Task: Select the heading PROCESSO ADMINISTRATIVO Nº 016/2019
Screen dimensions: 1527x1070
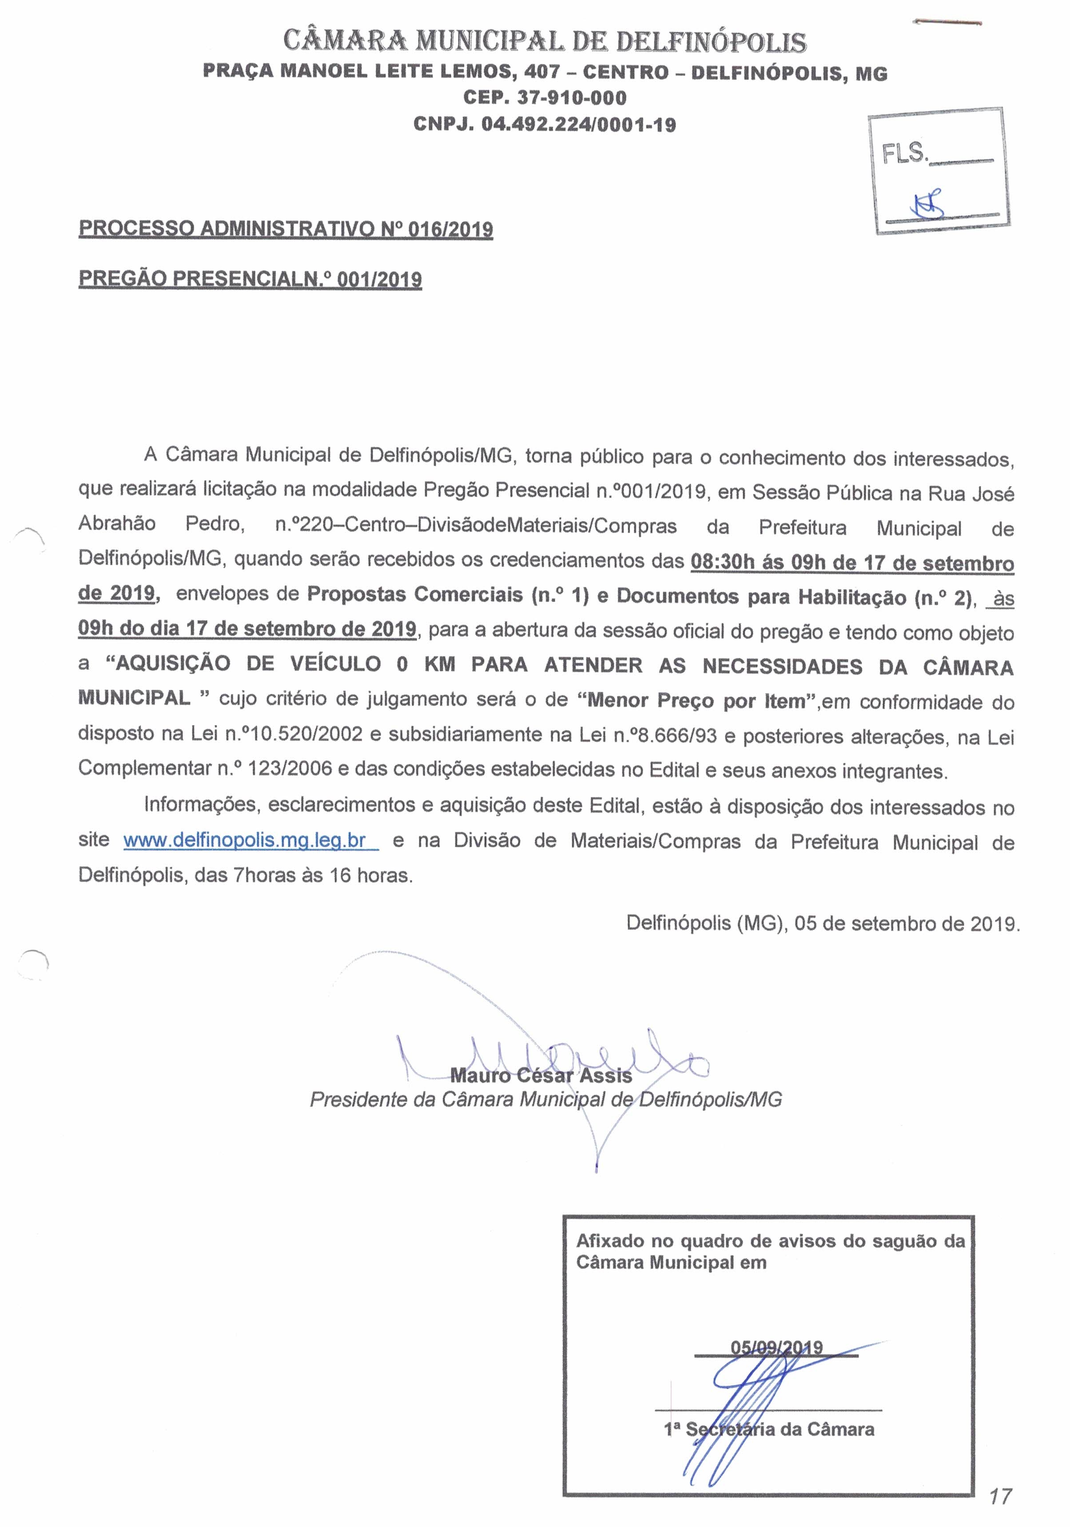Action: point(286,229)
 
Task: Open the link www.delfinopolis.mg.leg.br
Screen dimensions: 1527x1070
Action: point(245,841)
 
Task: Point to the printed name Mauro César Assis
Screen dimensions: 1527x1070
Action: point(541,1076)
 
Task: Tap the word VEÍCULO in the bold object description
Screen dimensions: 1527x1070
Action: point(336,664)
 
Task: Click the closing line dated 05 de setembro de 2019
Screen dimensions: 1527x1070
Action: point(822,924)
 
